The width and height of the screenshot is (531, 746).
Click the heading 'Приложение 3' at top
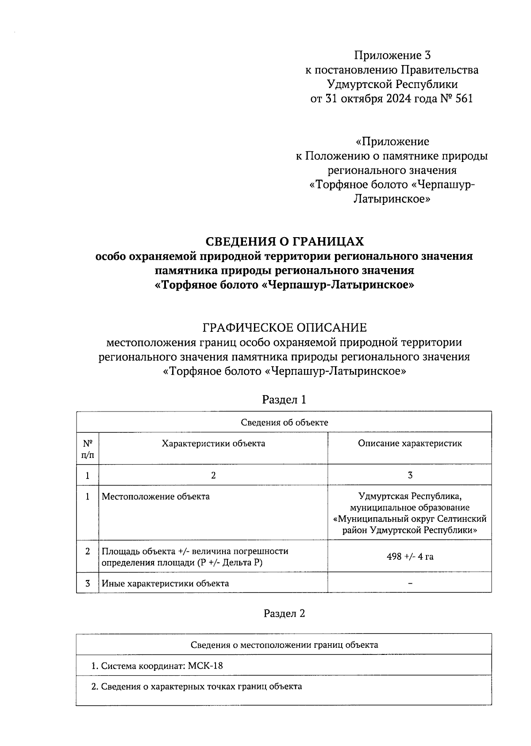(392, 55)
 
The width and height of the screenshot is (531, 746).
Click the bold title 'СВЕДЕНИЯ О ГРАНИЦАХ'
(284, 242)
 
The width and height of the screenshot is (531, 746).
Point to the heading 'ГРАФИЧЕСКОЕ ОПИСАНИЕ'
(284, 328)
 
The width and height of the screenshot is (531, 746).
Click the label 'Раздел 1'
(284, 400)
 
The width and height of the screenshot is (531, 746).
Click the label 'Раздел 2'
(284, 613)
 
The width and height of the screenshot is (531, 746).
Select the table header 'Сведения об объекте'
(284, 422)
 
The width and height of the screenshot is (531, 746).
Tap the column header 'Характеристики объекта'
(213, 443)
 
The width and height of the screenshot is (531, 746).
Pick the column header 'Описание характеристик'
(410, 443)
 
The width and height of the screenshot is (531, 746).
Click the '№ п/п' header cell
(88, 448)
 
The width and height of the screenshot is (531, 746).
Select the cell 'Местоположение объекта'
(156, 496)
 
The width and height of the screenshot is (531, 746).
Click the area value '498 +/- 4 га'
(410, 557)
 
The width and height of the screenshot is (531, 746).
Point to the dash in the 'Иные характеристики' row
(410, 584)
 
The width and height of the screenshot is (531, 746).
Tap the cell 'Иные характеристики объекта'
(165, 584)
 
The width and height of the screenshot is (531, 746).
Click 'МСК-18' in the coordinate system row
(205, 666)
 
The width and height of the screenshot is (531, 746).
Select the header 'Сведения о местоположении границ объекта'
(284, 645)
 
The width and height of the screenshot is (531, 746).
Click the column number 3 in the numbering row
(410, 475)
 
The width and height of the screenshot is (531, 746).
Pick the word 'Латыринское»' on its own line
(392, 199)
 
